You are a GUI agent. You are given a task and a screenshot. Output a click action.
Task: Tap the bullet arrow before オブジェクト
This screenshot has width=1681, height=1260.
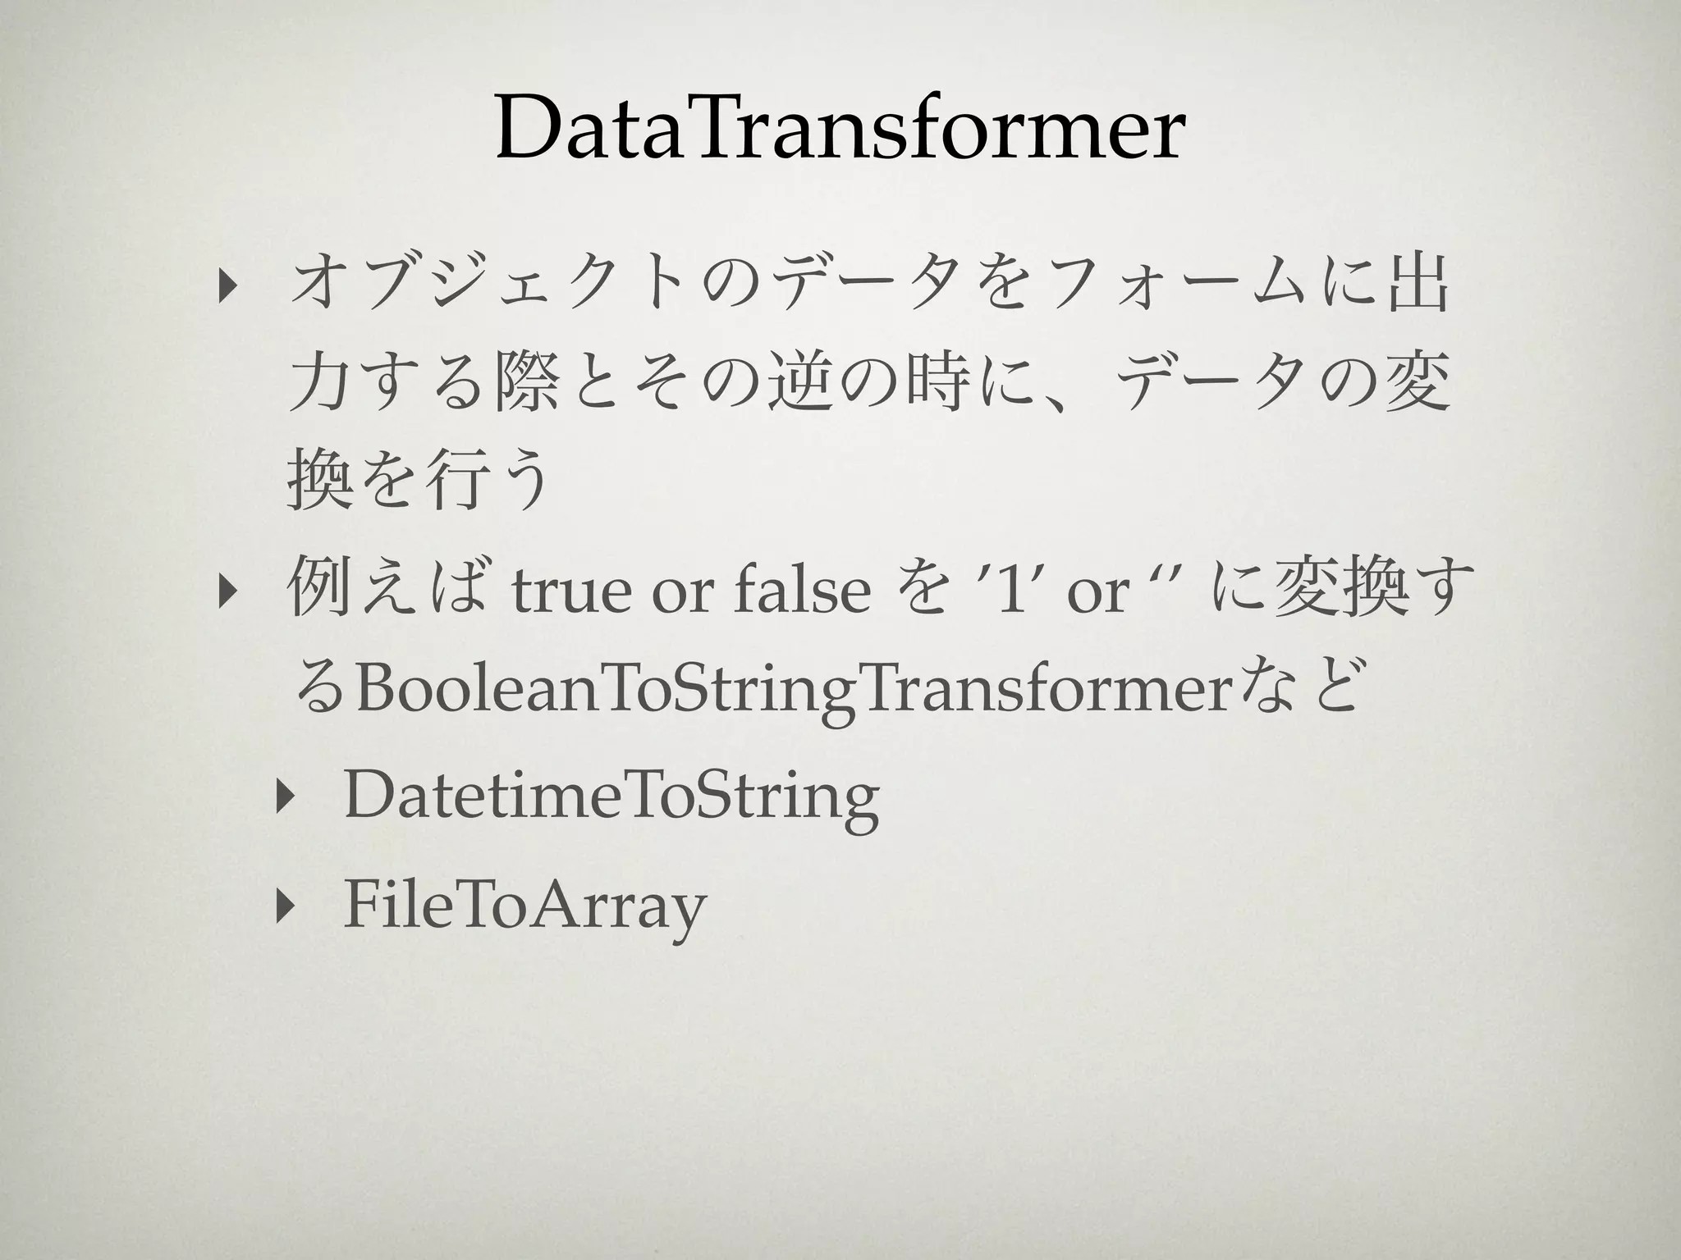click(x=223, y=293)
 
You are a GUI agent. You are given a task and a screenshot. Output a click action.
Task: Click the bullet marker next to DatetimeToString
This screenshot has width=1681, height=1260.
click(x=284, y=798)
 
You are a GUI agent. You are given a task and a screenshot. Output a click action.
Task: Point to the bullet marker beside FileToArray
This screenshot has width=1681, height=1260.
click(x=284, y=906)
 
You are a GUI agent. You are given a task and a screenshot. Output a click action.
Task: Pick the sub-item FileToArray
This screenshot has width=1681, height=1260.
click(x=524, y=906)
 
